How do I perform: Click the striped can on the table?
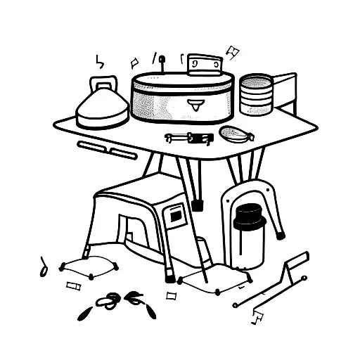coord(256,95)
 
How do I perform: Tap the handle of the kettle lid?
coord(103,84)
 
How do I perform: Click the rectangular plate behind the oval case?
coord(205,65)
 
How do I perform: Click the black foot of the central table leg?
coord(198,205)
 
